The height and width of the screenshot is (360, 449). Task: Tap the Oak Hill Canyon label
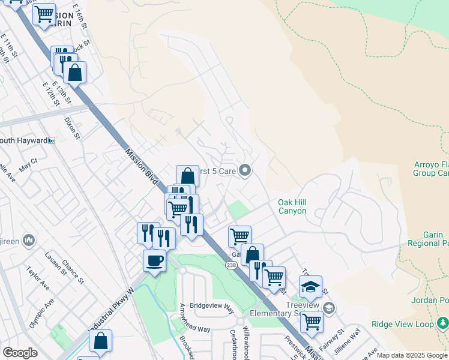click(x=292, y=207)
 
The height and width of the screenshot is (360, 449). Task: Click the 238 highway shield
click(x=231, y=265)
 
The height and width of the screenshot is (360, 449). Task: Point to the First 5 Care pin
click(x=244, y=171)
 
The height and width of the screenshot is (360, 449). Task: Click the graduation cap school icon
click(x=310, y=287)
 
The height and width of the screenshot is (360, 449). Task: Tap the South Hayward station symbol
click(x=52, y=140)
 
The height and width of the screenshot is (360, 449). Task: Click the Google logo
click(x=20, y=353)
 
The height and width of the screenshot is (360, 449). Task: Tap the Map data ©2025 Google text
click(x=412, y=355)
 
